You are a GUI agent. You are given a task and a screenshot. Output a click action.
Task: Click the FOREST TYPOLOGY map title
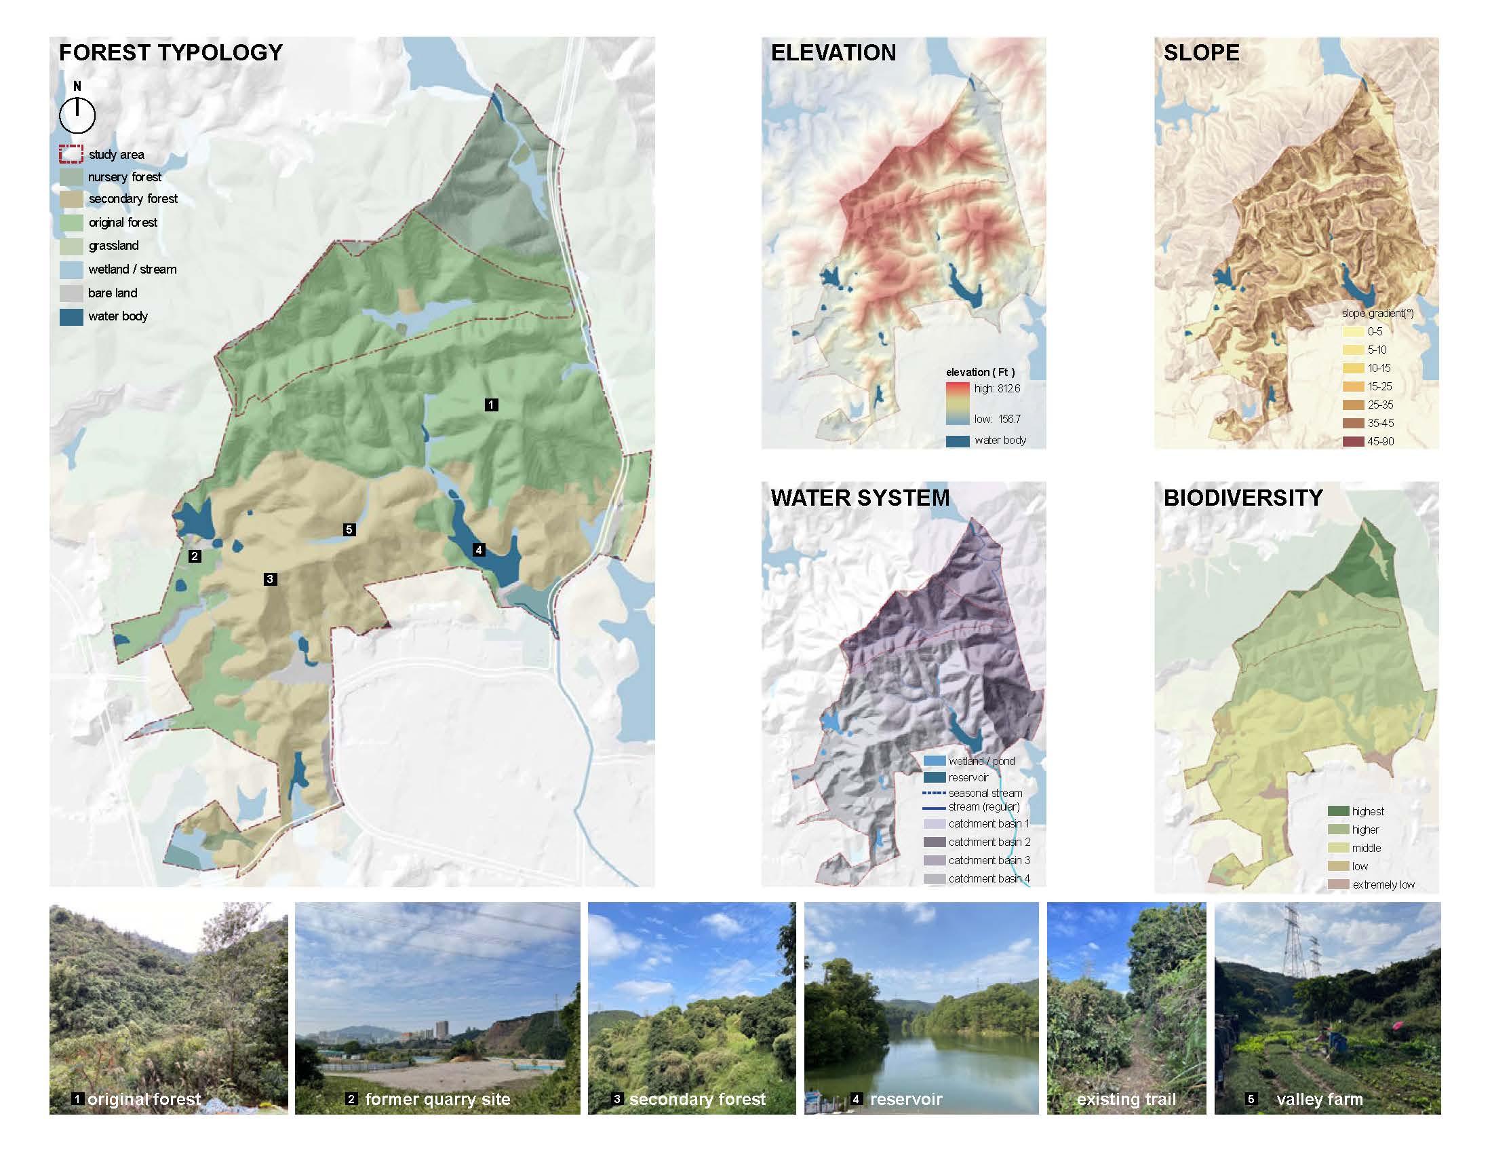170,53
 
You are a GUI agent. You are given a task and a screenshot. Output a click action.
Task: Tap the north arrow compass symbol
77,115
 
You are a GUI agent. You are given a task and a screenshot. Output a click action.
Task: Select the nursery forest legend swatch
71,177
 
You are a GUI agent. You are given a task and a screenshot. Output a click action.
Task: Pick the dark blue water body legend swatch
71,316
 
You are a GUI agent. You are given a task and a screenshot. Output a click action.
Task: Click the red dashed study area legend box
71,155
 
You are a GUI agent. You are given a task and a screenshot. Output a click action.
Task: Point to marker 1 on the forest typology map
491,405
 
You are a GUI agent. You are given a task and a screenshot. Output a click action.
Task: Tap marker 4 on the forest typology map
479,550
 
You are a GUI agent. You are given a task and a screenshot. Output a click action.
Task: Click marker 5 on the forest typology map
349,530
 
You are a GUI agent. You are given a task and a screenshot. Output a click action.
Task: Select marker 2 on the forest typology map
195,557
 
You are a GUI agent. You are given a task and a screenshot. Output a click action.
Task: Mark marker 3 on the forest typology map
270,580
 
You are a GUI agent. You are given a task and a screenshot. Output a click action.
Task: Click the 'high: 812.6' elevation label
997,388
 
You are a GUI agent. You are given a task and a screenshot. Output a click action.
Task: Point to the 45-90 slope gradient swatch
1353,442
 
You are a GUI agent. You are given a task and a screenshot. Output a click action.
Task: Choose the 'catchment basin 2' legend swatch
934,842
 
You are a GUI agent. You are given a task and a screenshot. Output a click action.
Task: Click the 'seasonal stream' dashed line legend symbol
934,793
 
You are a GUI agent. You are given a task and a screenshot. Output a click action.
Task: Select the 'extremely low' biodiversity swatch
1338,885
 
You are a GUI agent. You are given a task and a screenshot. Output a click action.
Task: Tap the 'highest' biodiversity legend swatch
1338,811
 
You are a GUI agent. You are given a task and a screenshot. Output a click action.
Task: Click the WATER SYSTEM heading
859,498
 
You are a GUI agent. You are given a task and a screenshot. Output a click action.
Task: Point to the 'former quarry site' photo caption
437,1099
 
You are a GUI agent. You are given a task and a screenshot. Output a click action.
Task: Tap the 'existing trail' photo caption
1126,1099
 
